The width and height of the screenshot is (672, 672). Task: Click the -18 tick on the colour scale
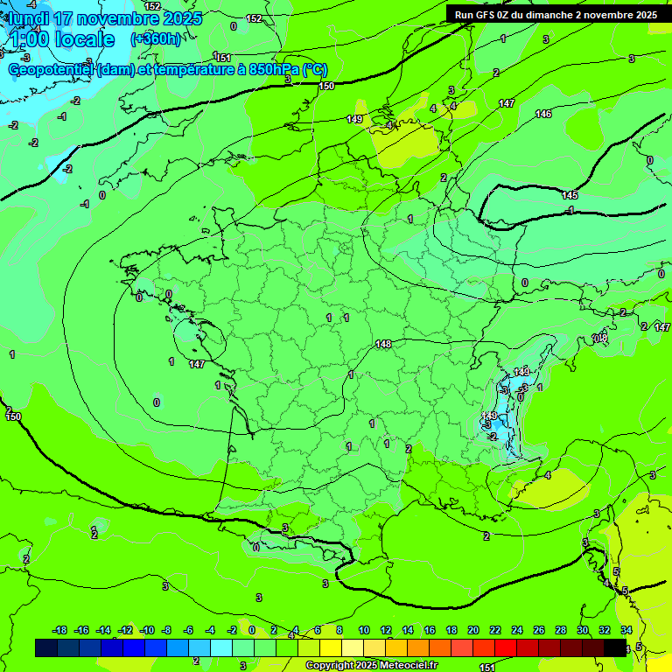point(60,630)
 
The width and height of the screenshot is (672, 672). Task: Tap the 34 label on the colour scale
point(626,630)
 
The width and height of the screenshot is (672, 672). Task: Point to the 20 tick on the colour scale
point(473,630)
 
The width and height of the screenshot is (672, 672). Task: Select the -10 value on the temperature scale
point(147,630)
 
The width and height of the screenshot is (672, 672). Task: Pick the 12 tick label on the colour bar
point(386,630)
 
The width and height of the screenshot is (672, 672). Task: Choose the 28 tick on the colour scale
point(561,630)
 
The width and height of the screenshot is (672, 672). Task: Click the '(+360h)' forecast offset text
point(156,39)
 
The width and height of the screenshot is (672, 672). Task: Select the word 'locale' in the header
point(85,39)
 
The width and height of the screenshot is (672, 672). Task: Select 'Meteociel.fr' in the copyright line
point(407,665)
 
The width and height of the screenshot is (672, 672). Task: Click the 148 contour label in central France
point(382,344)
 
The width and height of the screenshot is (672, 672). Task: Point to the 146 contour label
point(543,115)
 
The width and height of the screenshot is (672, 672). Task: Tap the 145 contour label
point(570,195)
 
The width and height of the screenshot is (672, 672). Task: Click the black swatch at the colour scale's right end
point(615,647)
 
